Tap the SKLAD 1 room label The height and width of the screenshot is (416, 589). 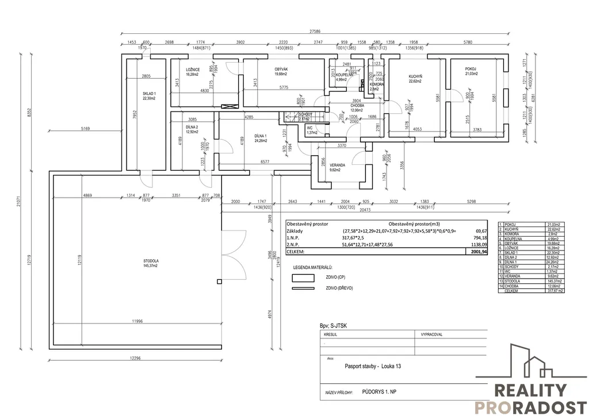pos(149,93)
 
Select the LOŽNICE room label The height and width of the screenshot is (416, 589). pos(193,70)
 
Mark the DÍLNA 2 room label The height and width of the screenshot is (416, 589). pos(192,127)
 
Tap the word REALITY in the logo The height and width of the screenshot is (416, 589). pos(530,391)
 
